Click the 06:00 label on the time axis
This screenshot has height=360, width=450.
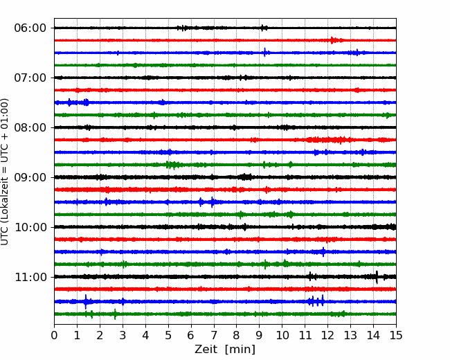coord(30,28)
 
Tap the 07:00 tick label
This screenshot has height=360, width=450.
coord(30,78)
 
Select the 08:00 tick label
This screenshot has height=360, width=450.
coord(30,127)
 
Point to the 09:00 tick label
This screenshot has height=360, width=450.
coord(30,177)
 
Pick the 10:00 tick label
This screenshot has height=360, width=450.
coord(30,227)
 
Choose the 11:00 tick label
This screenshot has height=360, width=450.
coord(30,277)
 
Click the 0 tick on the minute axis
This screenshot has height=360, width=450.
coord(54,335)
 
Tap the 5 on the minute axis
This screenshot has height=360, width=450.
coord(168,335)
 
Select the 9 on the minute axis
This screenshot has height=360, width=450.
coord(260,335)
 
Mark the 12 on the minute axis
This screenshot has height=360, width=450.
coord(327,335)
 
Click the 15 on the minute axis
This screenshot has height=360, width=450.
coord(396,335)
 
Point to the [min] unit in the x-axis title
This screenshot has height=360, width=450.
coord(240,350)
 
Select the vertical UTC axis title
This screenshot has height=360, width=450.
coord(5,172)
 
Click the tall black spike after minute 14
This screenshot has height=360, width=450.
coord(377,277)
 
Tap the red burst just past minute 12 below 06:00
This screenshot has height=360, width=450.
coord(332,40)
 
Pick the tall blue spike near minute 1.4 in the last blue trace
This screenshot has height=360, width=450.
coord(86,302)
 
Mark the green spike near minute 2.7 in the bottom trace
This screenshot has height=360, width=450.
coord(115,314)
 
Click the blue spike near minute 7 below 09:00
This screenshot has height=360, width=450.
coord(213,202)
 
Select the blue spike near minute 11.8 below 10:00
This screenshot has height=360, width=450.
coord(324,252)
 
